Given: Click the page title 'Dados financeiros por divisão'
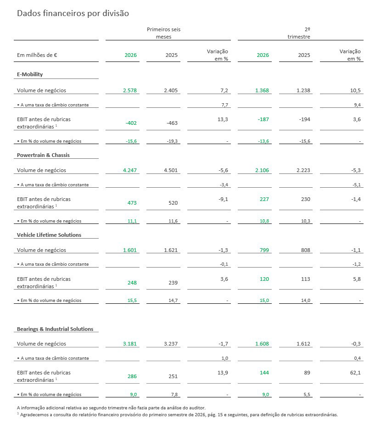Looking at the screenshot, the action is pyautogui.click(x=73, y=13).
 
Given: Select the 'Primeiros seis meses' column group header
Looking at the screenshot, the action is pyautogui.click(x=163, y=33).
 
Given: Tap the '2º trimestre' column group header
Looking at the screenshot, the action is pyautogui.click(x=299, y=33).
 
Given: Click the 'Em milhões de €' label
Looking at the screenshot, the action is pyautogui.click(x=37, y=55).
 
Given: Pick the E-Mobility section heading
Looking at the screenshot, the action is pyautogui.click(x=30, y=74).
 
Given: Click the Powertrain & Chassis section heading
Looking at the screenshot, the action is pyautogui.click(x=43, y=155).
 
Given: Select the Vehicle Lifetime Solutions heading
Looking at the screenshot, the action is pyautogui.click(x=49, y=235).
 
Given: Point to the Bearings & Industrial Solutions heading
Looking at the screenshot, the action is pyautogui.click(x=55, y=329).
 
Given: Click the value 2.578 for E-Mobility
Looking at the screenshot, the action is pyautogui.click(x=130, y=90).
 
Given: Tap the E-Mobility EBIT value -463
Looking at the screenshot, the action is pyautogui.click(x=172, y=123).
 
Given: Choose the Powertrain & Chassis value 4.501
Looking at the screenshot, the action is pyautogui.click(x=171, y=170).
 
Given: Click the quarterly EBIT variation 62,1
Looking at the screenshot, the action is pyautogui.click(x=355, y=373).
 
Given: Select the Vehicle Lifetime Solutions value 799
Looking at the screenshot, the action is pyautogui.click(x=264, y=250).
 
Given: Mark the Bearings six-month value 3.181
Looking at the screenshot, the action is pyautogui.click(x=130, y=344).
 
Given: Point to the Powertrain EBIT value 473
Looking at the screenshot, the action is pyautogui.click(x=132, y=203).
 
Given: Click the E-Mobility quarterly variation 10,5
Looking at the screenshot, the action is pyautogui.click(x=355, y=90).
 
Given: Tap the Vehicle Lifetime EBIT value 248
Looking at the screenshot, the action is pyautogui.click(x=132, y=283).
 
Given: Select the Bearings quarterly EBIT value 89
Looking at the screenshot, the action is pyautogui.click(x=307, y=373).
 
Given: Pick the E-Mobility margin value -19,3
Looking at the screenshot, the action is pyautogui.click(x=172, y=141).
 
